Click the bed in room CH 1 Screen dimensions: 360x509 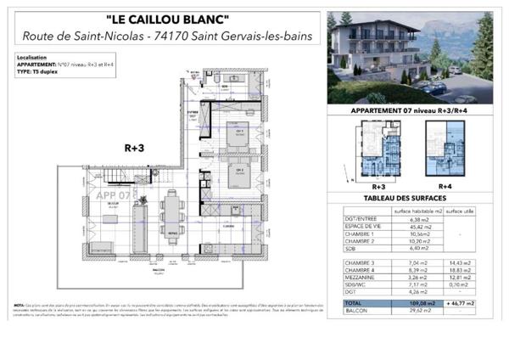241,138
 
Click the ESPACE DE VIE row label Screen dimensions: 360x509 362,227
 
